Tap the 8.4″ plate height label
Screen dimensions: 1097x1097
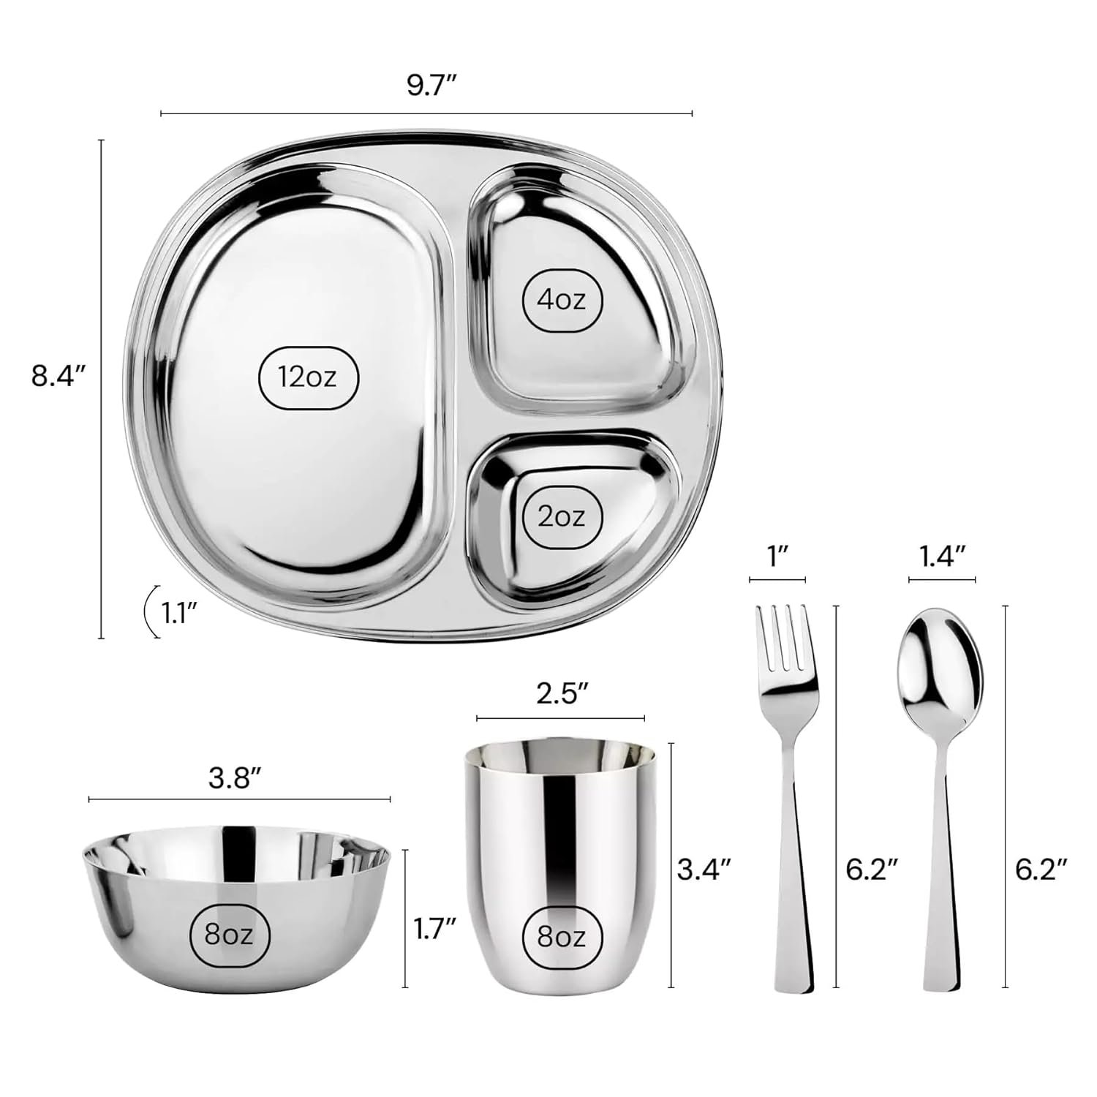59,378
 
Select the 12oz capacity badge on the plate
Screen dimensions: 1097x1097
308,377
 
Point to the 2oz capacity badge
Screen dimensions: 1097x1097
562,517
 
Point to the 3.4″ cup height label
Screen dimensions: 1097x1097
704,870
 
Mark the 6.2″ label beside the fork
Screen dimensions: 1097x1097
871,870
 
